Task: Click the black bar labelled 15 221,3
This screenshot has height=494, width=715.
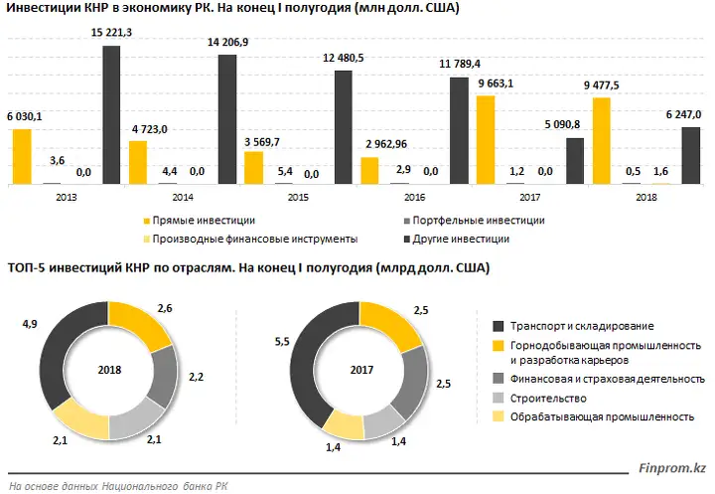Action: (111, 115)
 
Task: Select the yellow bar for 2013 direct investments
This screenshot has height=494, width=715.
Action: (21, 157)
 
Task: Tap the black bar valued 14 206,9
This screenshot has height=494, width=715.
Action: (227, 119)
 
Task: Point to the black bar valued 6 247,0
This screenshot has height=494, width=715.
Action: (690, 155)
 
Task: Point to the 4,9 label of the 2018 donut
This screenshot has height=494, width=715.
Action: (30, 324)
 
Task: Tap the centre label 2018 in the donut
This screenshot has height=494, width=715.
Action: (110, 370)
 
